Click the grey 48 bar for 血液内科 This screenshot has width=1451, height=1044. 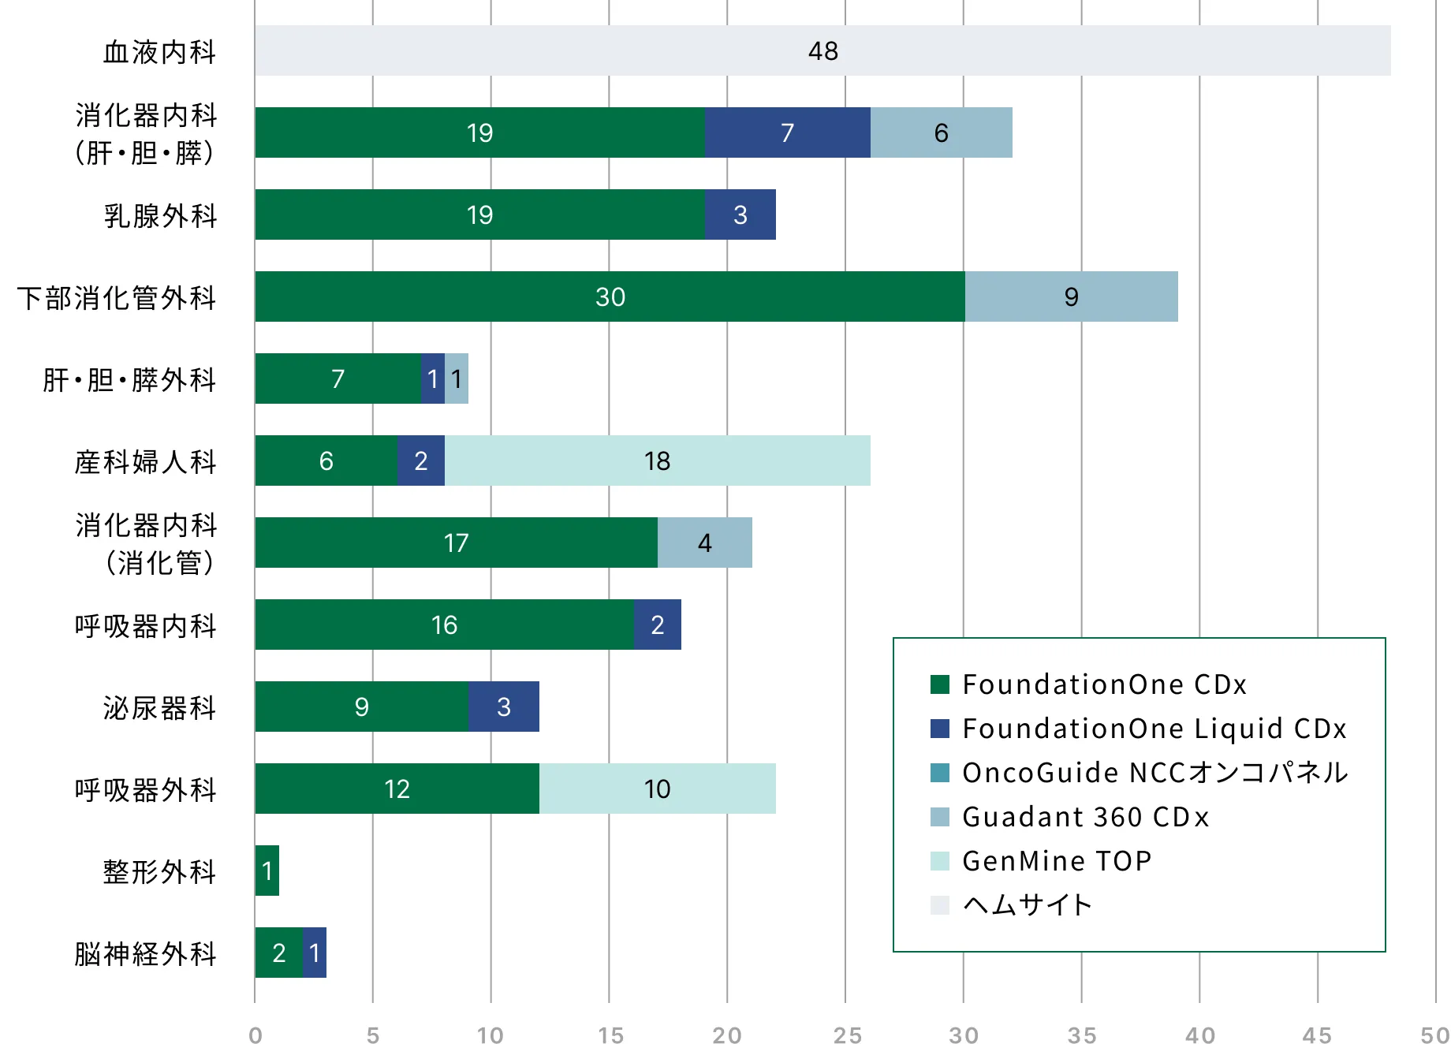tap(822, 50)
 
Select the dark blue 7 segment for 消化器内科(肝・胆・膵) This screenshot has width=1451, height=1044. tap(788, 132)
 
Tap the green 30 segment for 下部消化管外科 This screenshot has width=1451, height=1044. tap(610, 296)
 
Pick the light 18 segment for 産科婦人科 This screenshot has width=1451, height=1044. tap(658, 460)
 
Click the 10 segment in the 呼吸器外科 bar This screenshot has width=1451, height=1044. tap(658, 789)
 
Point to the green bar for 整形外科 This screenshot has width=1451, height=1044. tap(267, 871)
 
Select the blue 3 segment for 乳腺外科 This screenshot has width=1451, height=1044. tap(740, 214)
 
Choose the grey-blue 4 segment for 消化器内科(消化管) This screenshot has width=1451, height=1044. tap(705, 543)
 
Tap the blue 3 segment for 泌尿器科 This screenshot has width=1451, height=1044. tap(504, 707)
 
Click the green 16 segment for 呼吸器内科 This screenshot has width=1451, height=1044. tap(445, 625)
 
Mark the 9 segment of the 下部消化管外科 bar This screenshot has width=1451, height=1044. tap(1072, 296)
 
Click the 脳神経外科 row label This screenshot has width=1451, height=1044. tap(145, 953)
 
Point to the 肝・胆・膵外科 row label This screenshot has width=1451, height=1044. tap(129, 379)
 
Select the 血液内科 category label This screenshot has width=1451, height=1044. tap(159, 51)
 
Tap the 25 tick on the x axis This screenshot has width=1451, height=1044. tap(847, 1035)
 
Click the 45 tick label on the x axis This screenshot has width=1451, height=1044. tap(1317, 1035)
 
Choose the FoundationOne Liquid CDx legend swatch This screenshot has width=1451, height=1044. tap(940, 728)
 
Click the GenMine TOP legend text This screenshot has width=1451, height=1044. tap(1057, 860)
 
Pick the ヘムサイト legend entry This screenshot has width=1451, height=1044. tap(1012, 904)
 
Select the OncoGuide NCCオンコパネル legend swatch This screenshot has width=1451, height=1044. tap(940, 772)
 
